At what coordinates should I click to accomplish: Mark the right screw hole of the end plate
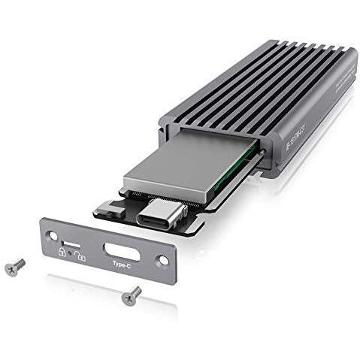pos(160,262)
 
